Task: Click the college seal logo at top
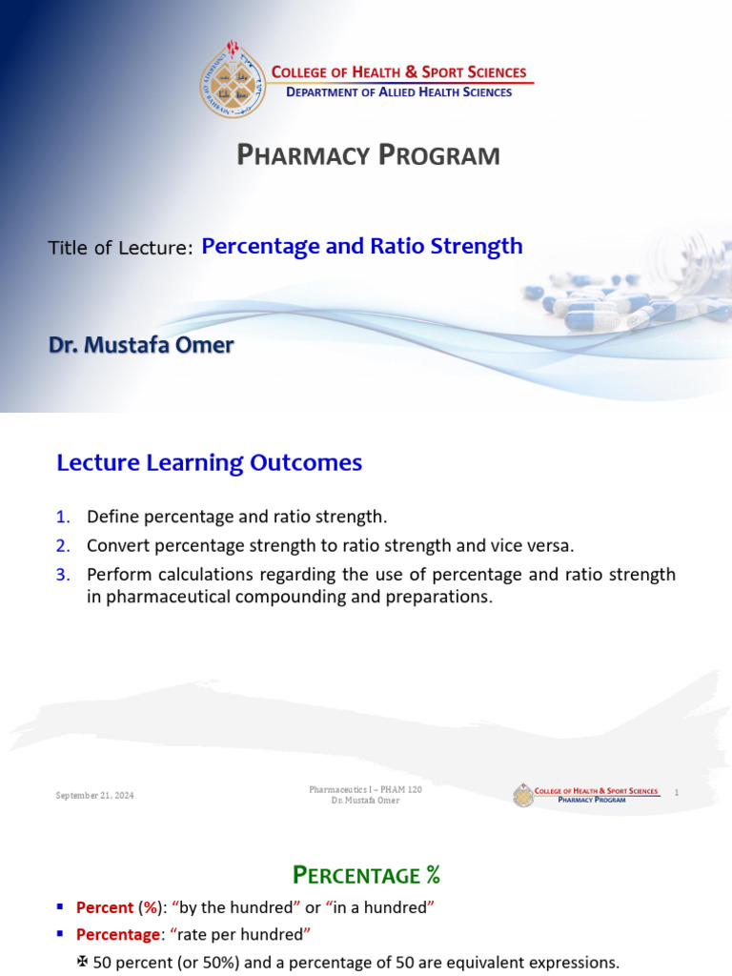[x=232, y=80]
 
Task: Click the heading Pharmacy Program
[x=368, y=155]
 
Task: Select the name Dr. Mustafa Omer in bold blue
[x=141, y=345]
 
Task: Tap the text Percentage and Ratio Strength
[x=362, y=246]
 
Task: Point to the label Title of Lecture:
[x=121, y=249]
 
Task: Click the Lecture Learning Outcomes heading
[x=209, y=463]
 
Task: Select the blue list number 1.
[x=63, y=518]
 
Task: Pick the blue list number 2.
[x=63, y=546]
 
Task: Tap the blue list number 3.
[x=63, y=575]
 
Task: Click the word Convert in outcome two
[x=115, y=546]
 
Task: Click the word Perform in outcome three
[x=116, y=575]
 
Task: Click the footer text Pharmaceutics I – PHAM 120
[x=365, y=789]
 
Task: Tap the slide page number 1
[x=676, y=793]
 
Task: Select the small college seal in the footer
[x=522, y=795]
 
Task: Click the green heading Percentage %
[x=365, y=875]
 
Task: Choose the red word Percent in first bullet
[x=105, y=907]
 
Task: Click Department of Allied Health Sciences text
[x=398, y=92]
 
